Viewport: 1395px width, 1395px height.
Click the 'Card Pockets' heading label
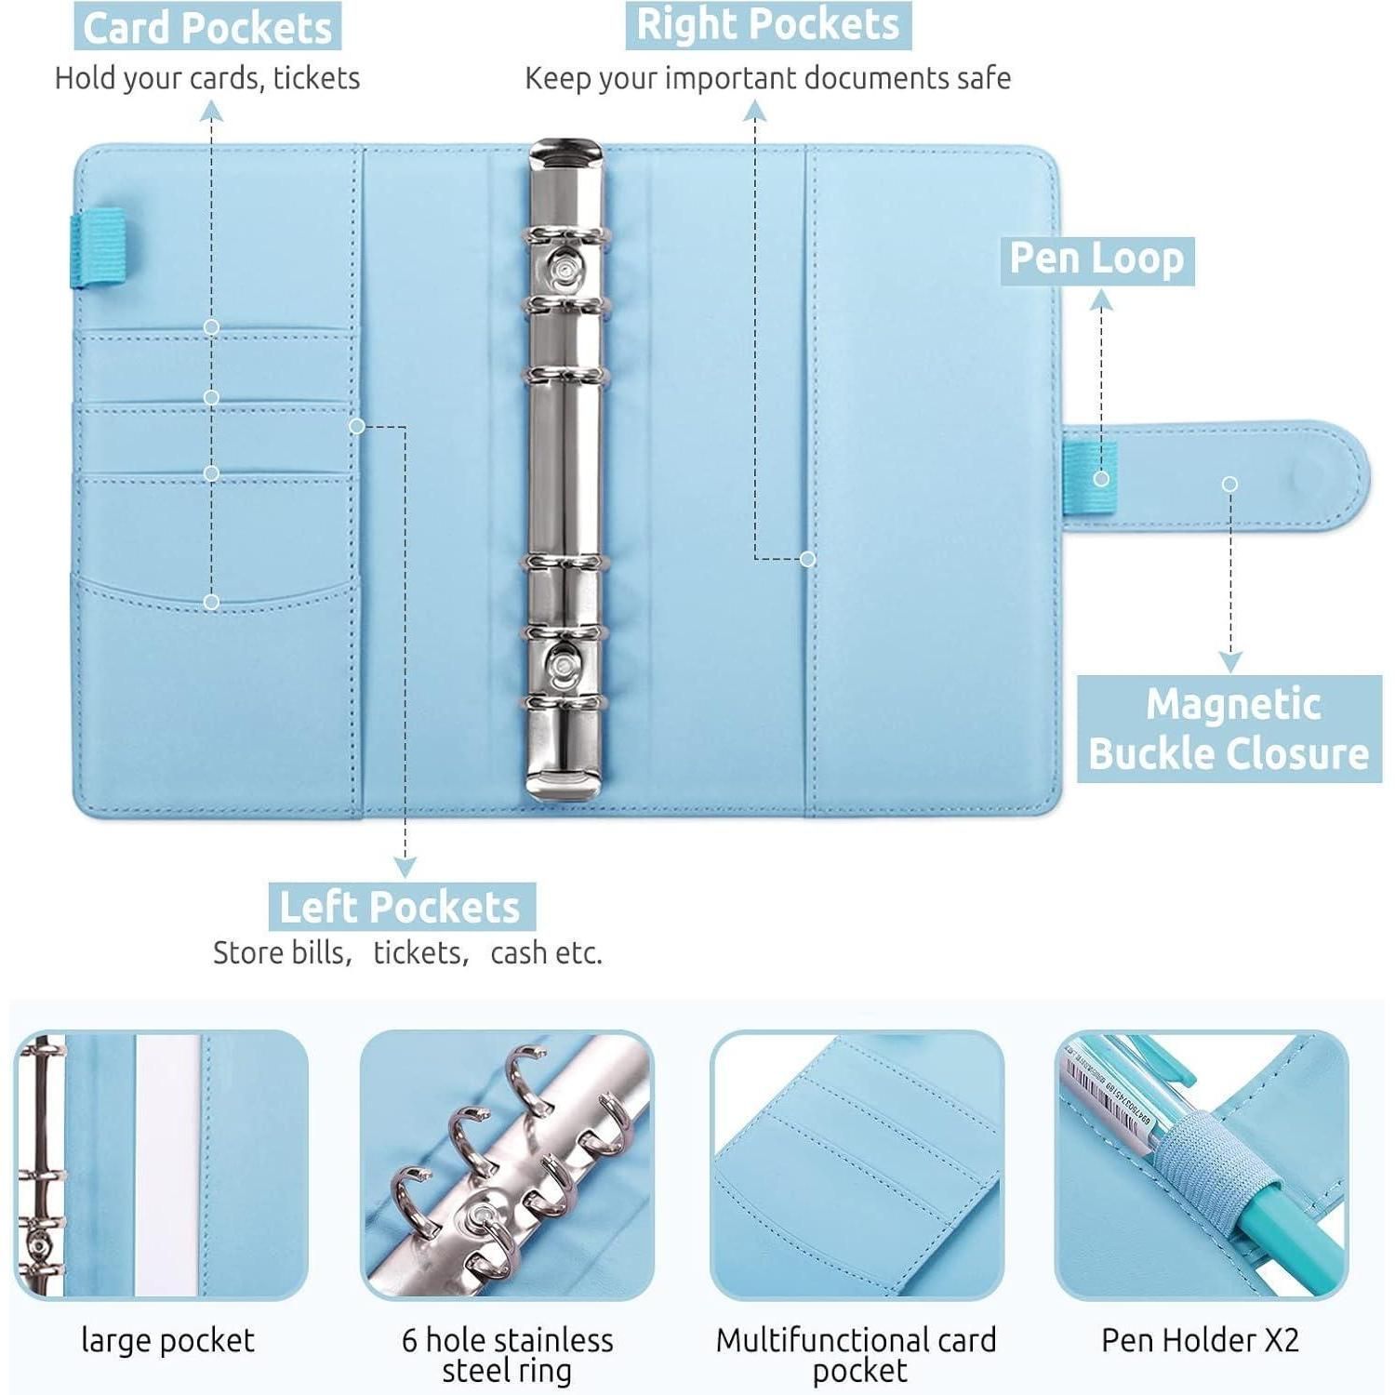click(207, 27)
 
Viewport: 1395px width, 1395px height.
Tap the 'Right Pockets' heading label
click(768, 25)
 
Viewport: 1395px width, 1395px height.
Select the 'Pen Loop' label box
click(1097, 259)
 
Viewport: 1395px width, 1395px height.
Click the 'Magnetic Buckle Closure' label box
click(1229, 729)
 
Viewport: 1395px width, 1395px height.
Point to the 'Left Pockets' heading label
click(401, 907)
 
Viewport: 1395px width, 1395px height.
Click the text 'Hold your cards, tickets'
click(207, 78)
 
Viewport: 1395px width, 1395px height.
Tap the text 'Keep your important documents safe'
click(768, 78)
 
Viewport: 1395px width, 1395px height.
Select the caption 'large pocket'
click(167, 1341)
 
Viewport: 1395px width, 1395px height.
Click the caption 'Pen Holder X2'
click(1201, 1340)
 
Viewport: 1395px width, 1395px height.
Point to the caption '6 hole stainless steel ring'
click(508, 1355)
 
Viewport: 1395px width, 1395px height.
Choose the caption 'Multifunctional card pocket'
click(857, 1355)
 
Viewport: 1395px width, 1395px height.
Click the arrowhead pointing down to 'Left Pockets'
click(405, 868)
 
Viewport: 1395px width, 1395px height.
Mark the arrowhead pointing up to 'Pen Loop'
click(1101, 299)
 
